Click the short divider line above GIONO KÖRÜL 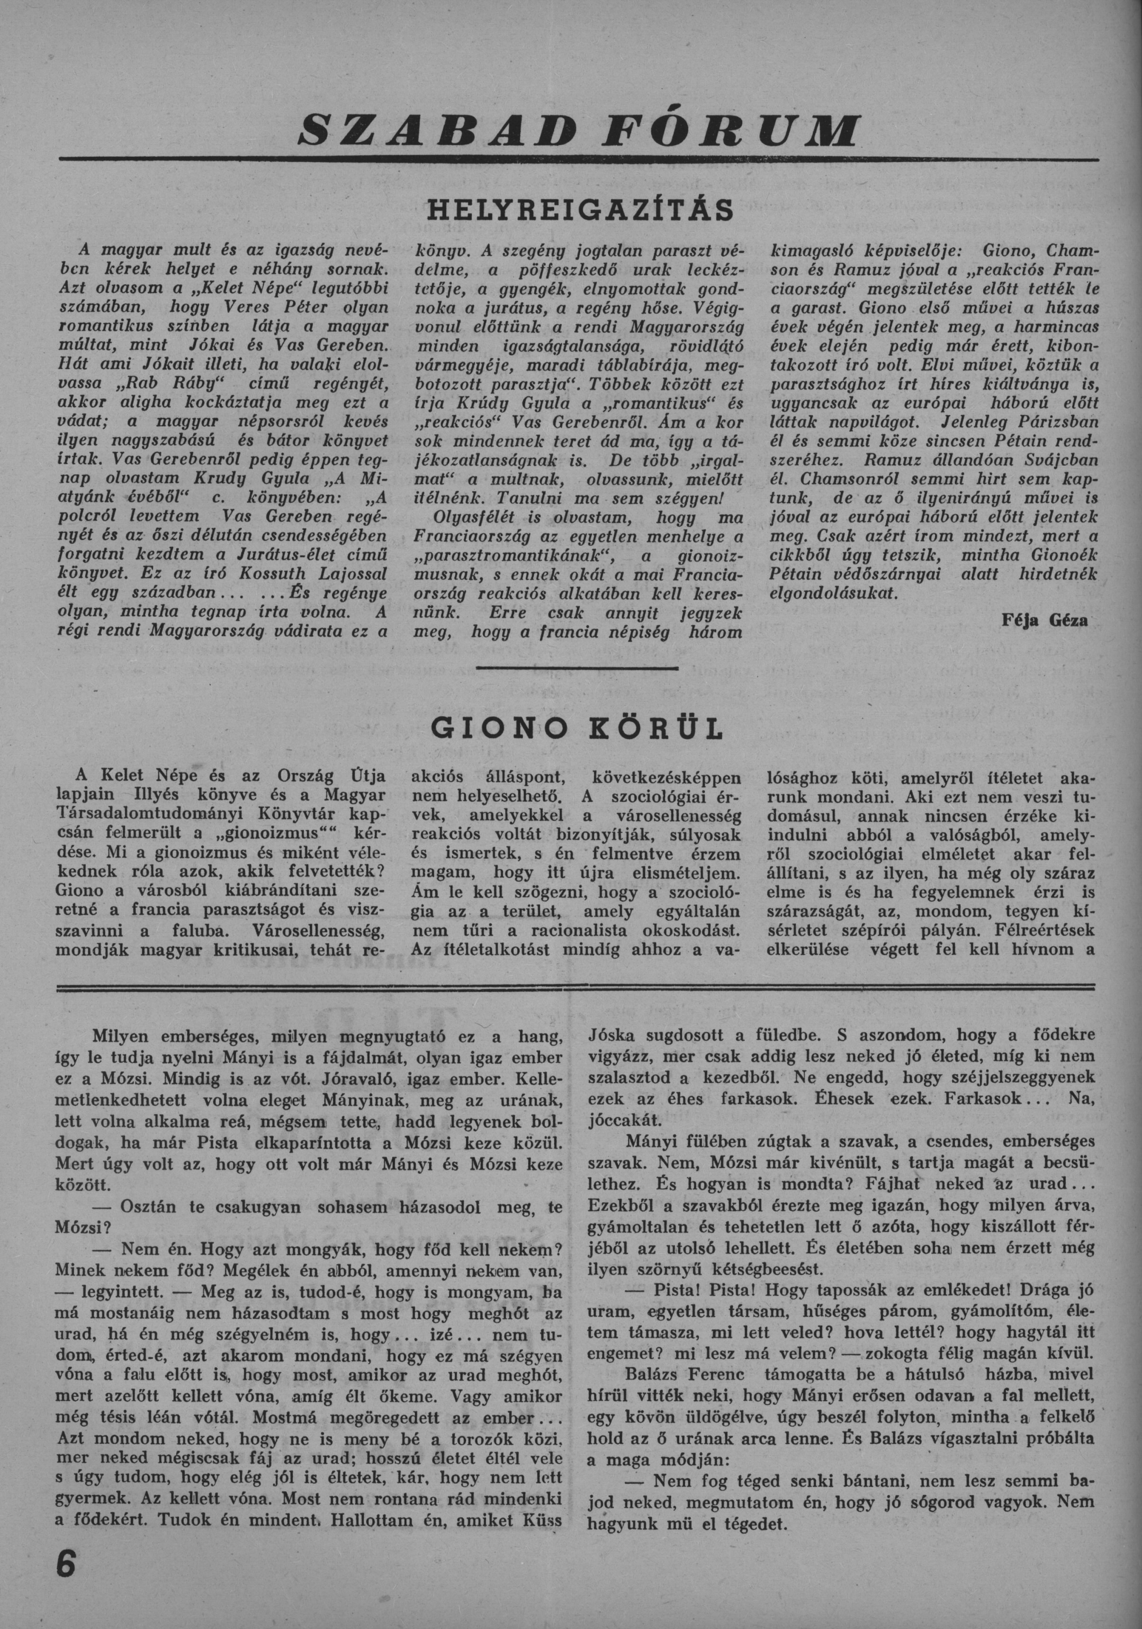[x=577, y=667]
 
